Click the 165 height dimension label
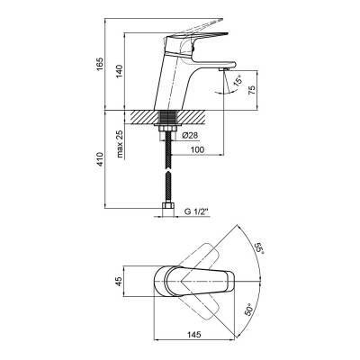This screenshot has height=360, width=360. point(100,64)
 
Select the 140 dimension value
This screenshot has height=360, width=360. point(120,71)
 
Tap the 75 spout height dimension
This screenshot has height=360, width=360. point(252,90)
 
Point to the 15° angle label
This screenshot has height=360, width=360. point(238,82)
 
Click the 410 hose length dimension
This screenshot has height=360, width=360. point(100,159)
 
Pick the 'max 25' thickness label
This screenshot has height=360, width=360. point(121,144)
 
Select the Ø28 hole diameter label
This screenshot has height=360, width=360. point(190,136)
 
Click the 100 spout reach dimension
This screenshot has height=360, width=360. point(198,149)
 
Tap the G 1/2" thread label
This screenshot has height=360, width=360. point(196,211)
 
